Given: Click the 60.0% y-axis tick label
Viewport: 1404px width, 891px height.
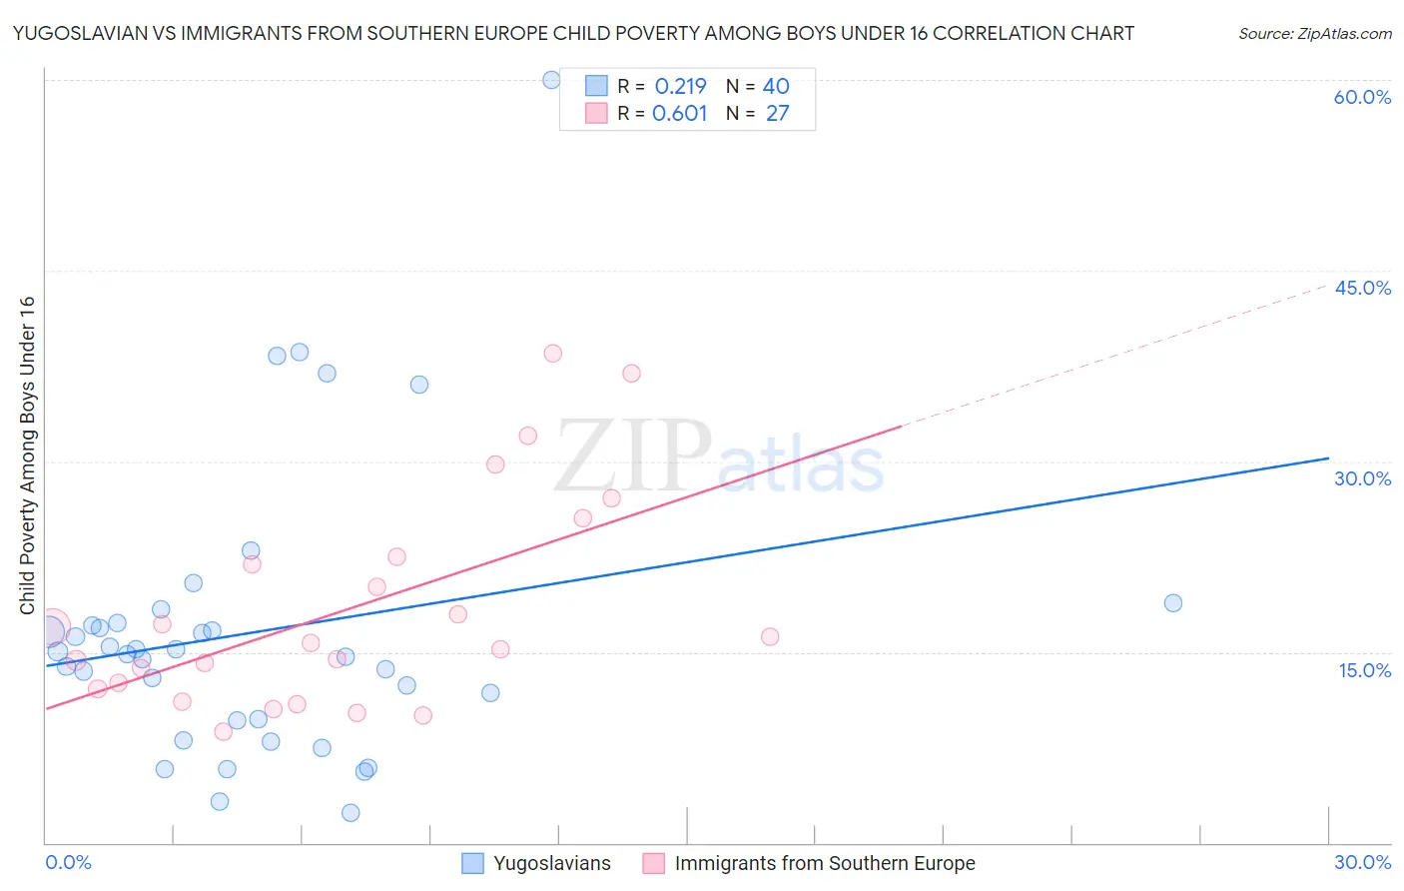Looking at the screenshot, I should [x=1362, y=97].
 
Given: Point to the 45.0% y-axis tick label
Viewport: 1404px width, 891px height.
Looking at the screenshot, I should [x=1362, y=288].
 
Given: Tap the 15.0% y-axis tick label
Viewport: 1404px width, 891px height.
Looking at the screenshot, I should [x=1364, y=670].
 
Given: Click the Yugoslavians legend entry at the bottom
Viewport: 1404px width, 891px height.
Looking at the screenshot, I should [x=551, y=863].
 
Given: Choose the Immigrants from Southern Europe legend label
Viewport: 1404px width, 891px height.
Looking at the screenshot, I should [x=824, y=863].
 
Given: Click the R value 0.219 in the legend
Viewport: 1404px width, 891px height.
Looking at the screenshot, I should [x=680, y=87].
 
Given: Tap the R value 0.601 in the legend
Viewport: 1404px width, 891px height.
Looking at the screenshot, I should [x=679, y=114].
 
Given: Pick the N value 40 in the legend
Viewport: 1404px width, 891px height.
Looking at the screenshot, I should [x=776, y=87].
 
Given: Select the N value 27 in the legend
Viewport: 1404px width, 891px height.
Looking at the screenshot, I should [x=777, y=114].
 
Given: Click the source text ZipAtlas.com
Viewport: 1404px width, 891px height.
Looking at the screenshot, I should [x=1314, y=34].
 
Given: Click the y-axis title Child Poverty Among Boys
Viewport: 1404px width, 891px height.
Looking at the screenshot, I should [x=27, y=455].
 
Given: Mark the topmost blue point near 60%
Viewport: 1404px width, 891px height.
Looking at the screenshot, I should [x=551, y=80].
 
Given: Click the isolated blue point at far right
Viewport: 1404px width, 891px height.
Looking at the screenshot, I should [x=1173, y=603].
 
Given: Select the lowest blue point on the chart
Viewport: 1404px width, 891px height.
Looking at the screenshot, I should [x=351, y=813].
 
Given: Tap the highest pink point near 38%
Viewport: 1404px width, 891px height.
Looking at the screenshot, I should [x=552, y=354].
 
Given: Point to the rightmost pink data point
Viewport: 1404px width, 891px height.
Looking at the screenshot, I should [x=770, y=637].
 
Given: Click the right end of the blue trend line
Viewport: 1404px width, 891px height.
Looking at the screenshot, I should [x=1328, y=458].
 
